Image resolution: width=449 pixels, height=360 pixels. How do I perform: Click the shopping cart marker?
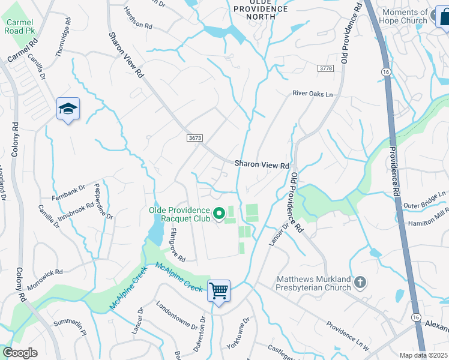219,292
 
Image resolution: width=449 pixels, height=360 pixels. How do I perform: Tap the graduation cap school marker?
68,109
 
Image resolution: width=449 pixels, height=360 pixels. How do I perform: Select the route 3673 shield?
194,138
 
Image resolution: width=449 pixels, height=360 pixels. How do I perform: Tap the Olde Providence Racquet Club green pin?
219,212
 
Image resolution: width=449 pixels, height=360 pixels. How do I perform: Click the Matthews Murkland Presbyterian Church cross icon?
360,282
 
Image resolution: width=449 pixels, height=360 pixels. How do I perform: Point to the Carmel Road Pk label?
20,26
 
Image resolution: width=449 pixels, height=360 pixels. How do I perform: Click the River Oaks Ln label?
312,93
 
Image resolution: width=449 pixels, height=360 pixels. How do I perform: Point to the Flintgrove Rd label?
178,244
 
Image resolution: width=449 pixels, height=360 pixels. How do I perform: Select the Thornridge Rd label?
63,41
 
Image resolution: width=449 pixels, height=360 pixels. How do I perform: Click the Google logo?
20,353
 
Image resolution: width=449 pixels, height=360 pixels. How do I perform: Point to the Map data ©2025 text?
423,355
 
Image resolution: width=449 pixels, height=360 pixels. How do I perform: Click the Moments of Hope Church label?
405,16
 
